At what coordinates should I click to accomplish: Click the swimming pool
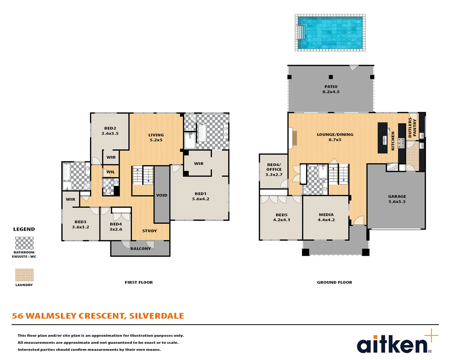330,33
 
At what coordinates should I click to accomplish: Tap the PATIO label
331,87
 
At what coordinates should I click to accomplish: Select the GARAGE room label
397,197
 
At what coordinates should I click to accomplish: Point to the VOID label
162,195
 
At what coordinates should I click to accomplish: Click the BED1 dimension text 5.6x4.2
201,199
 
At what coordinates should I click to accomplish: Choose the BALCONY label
140,249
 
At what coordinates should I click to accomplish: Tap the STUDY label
149,231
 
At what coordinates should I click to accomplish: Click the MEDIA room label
326,215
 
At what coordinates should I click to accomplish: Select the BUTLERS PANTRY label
412,127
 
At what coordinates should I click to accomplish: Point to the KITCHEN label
393,141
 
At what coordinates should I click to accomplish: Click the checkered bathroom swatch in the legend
24,243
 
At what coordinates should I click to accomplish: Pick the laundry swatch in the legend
24,275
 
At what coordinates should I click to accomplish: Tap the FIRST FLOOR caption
139,282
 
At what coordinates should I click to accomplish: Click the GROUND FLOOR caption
334,282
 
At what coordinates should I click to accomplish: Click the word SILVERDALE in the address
156,316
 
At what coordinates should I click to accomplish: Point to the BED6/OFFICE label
274,167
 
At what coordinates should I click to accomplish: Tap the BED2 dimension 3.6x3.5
110,133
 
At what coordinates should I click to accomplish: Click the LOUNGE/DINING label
335,135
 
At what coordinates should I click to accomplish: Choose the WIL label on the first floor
111,172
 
